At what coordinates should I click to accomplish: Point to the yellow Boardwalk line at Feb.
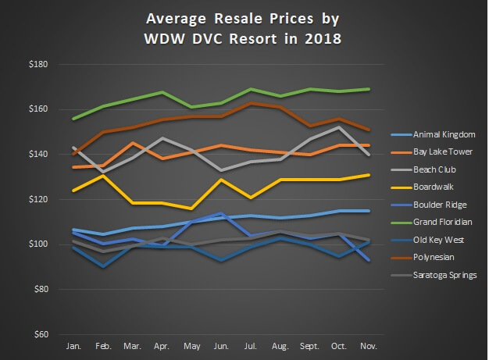102,176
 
